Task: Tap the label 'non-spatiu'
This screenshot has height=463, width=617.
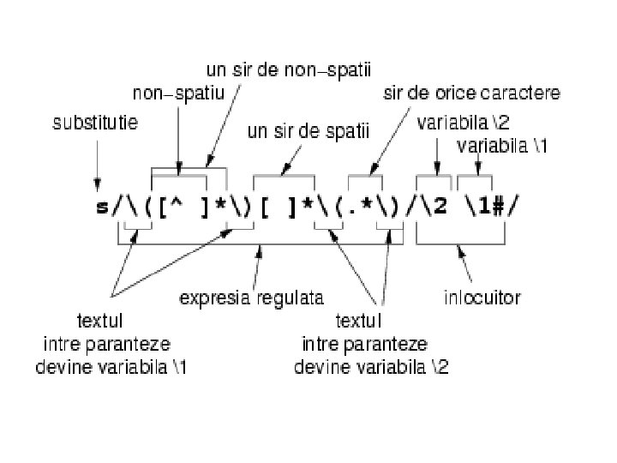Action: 177,92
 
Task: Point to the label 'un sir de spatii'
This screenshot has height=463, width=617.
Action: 307,131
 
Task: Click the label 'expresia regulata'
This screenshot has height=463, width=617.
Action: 250,298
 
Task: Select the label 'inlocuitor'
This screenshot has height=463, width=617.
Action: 482,298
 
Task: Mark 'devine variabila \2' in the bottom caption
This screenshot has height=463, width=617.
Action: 371,367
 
